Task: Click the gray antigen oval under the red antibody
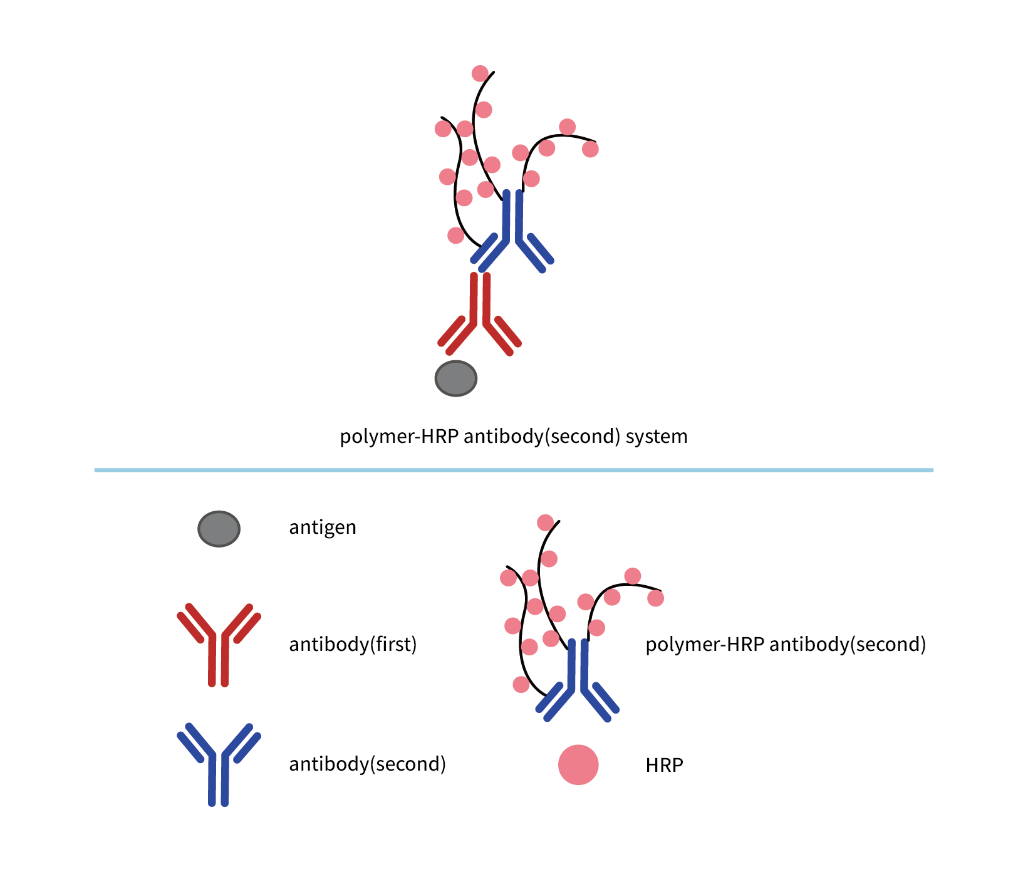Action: (456, 378)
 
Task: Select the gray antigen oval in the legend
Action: (219, 529)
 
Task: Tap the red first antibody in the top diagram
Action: (480, 313)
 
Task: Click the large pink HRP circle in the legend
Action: (578, 764)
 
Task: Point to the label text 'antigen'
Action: (323, 528)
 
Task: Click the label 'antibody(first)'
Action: (353, 644)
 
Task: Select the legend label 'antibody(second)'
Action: (367, 764)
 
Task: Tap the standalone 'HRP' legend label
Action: (664, 765)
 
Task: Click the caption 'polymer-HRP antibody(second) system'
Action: (513, 436)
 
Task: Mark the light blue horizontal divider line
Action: (514, 470)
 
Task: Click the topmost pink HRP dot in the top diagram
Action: (480, 73)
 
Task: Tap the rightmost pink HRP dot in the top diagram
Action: (590, 149)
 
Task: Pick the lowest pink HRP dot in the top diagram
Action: (456, 236)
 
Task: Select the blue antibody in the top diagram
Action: (512, 232)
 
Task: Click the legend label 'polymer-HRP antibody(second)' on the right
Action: (786, 644)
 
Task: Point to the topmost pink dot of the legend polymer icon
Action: (546, 523)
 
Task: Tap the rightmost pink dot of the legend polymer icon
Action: (655, 598)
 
